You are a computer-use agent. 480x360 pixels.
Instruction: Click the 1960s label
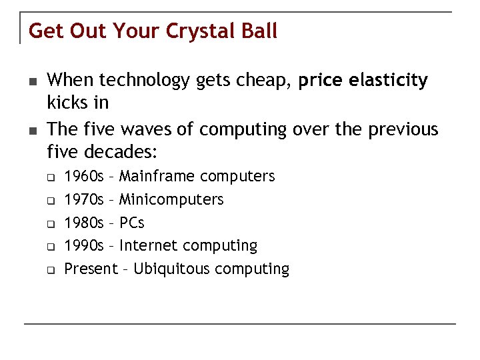click(x=84, y=177)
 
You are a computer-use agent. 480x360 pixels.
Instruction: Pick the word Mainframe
click(x=157, y=177)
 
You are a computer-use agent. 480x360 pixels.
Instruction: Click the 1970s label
click(x=84, y=199)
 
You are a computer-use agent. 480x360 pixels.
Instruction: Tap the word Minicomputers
click(x=171, y=199)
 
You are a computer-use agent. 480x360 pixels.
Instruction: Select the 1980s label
click(x=84, y=223)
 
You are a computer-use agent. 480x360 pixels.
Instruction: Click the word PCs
click(x=132, y=223)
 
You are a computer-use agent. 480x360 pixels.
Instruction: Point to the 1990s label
click(x=84, y=246)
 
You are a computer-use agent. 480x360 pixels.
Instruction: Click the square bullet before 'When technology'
click(x=31, y=81)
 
